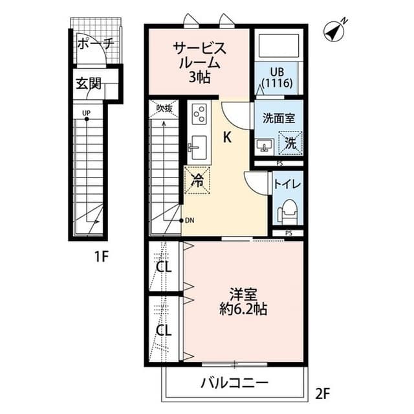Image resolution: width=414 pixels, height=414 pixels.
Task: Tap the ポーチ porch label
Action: pos(95,45)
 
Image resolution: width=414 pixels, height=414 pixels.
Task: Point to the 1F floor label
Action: pos(99,256)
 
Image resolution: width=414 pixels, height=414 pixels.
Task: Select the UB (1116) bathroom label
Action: pos(278,78)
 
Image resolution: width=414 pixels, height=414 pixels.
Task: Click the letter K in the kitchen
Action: pos(228,137)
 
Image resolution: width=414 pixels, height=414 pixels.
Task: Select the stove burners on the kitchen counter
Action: pos(199,115)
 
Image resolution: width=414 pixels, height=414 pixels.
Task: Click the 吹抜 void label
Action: pos(164,109)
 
